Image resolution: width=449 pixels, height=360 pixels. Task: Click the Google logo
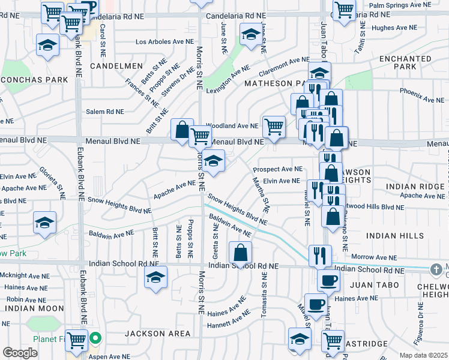click(x=20, y=353)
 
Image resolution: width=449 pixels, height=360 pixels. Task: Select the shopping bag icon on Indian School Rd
click(x=240, y=253)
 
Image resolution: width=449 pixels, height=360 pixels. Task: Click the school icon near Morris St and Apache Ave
click(x=213, y=160)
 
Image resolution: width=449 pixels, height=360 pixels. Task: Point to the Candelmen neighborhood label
click(x=116, y=65)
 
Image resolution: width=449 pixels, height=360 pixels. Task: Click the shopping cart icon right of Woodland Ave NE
click(x=274, y=127)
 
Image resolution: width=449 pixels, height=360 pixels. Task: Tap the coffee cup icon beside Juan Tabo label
click(x=328, y=280)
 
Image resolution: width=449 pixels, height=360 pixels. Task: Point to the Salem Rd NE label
click(x=104, y=112)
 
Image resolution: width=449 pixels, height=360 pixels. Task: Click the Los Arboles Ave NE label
click(x=164, y=42)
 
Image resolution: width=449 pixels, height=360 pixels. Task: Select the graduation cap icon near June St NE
click(x=251, y=34)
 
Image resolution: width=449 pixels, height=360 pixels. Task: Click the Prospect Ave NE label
click(x=282, y=169)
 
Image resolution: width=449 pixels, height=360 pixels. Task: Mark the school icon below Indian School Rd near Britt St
click(x=156, y=277)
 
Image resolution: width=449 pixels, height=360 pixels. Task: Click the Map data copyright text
click(x=423, y=355)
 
